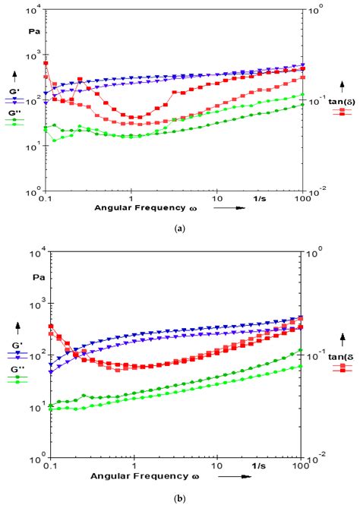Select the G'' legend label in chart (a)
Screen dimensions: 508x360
coord(14,112)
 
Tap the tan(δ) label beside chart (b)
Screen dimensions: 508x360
coord(342,356)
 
